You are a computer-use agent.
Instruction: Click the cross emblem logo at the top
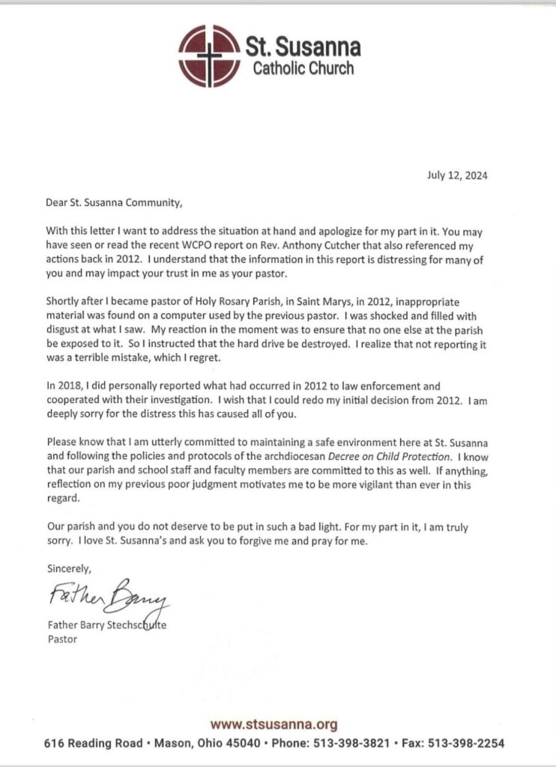point(209,55)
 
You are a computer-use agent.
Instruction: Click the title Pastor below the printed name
point(61,640)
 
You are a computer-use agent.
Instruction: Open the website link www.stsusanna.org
point(274,724)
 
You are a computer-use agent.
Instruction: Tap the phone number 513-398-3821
point(355,744)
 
